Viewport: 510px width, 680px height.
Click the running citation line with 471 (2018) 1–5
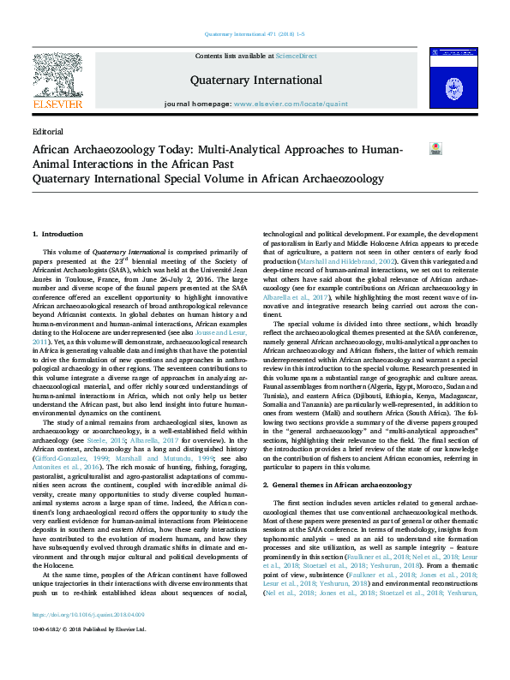(255, 35)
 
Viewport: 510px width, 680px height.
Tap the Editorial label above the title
(47, 131)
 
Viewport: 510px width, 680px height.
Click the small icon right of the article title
(435, 148)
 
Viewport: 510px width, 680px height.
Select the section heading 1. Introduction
(57, 234)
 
